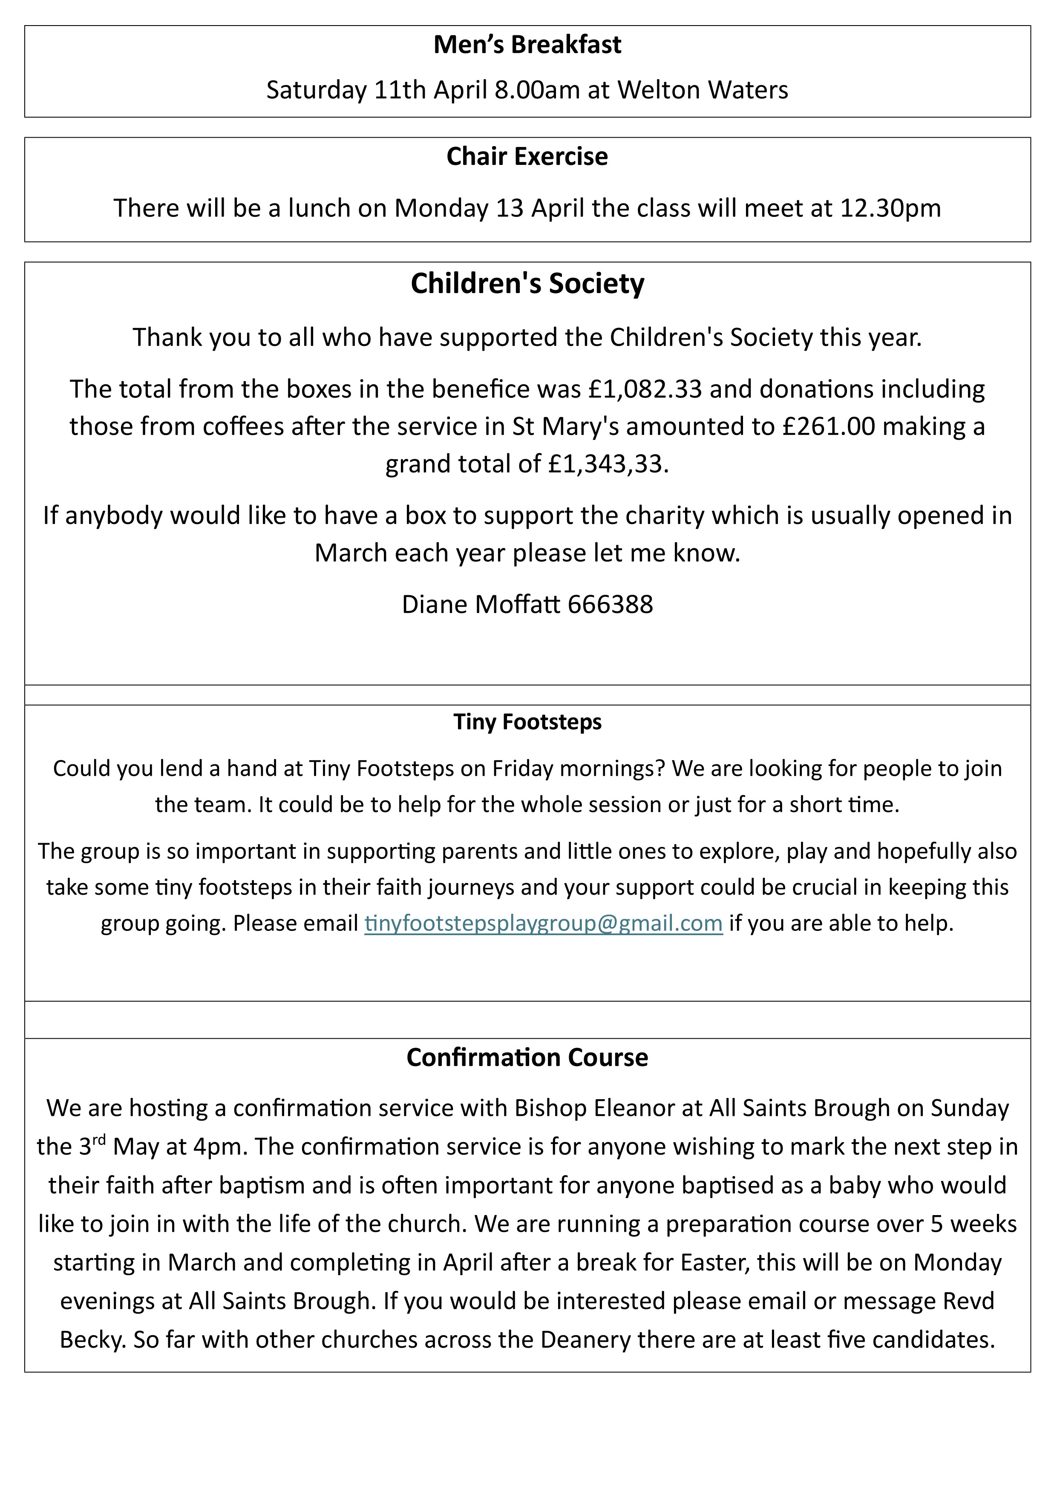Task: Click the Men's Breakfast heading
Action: (527, 45)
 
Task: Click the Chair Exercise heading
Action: (527, 156)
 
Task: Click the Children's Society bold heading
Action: (527, 284)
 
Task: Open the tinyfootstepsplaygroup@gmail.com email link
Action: (543, 923)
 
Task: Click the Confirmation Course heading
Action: (527, 1057)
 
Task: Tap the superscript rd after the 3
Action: (98, 1140)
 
